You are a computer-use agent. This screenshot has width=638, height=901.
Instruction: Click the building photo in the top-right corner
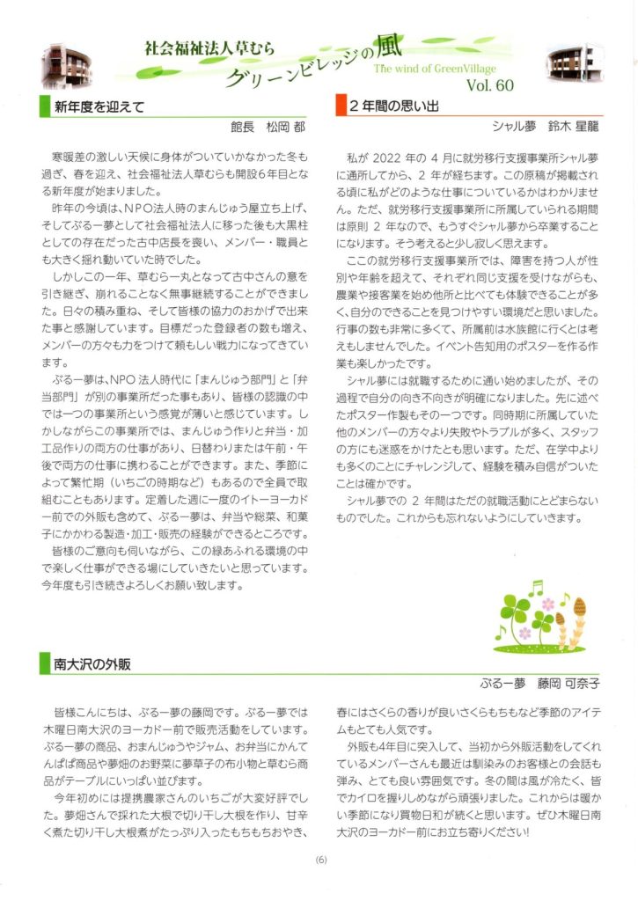pos(569,62)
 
